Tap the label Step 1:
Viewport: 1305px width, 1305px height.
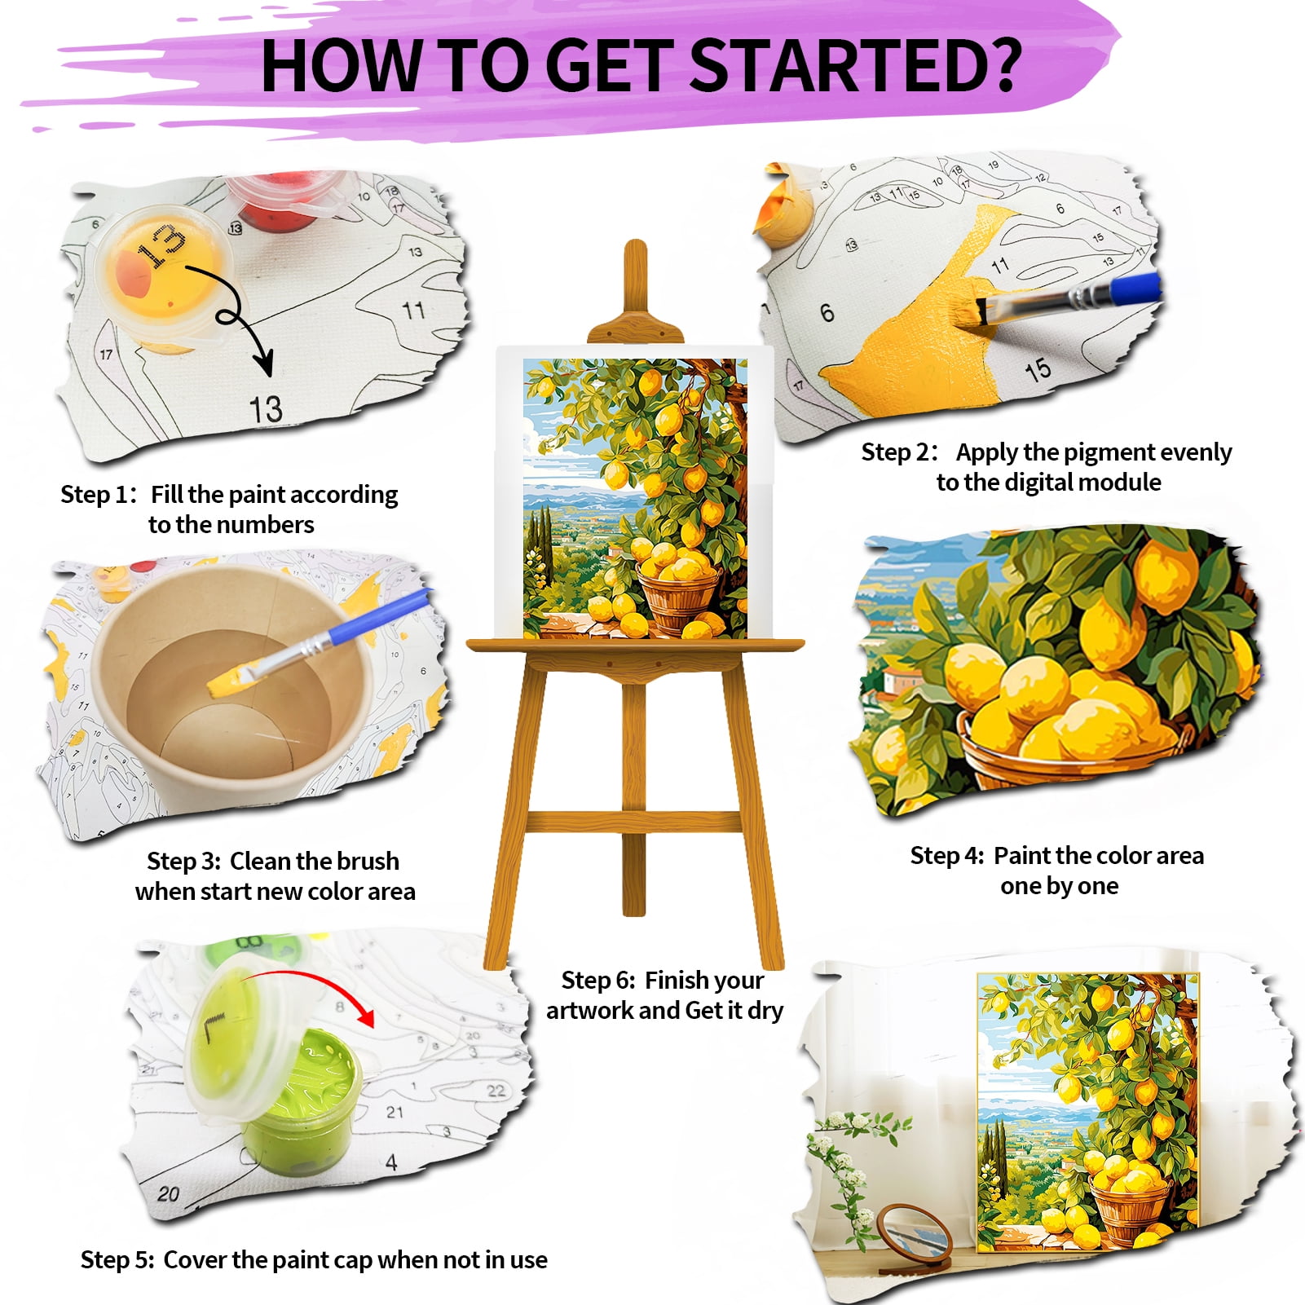[98, 495]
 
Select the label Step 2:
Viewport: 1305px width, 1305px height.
[900, 452]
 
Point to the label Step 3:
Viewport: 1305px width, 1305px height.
[183, 862]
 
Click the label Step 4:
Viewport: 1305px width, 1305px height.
[947, 856]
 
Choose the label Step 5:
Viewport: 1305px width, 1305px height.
[117, 1260]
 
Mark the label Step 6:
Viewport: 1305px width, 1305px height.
[598, 980]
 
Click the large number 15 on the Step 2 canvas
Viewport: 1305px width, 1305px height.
[1038, 371]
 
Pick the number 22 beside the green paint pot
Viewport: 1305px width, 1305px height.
[496, 1091]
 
